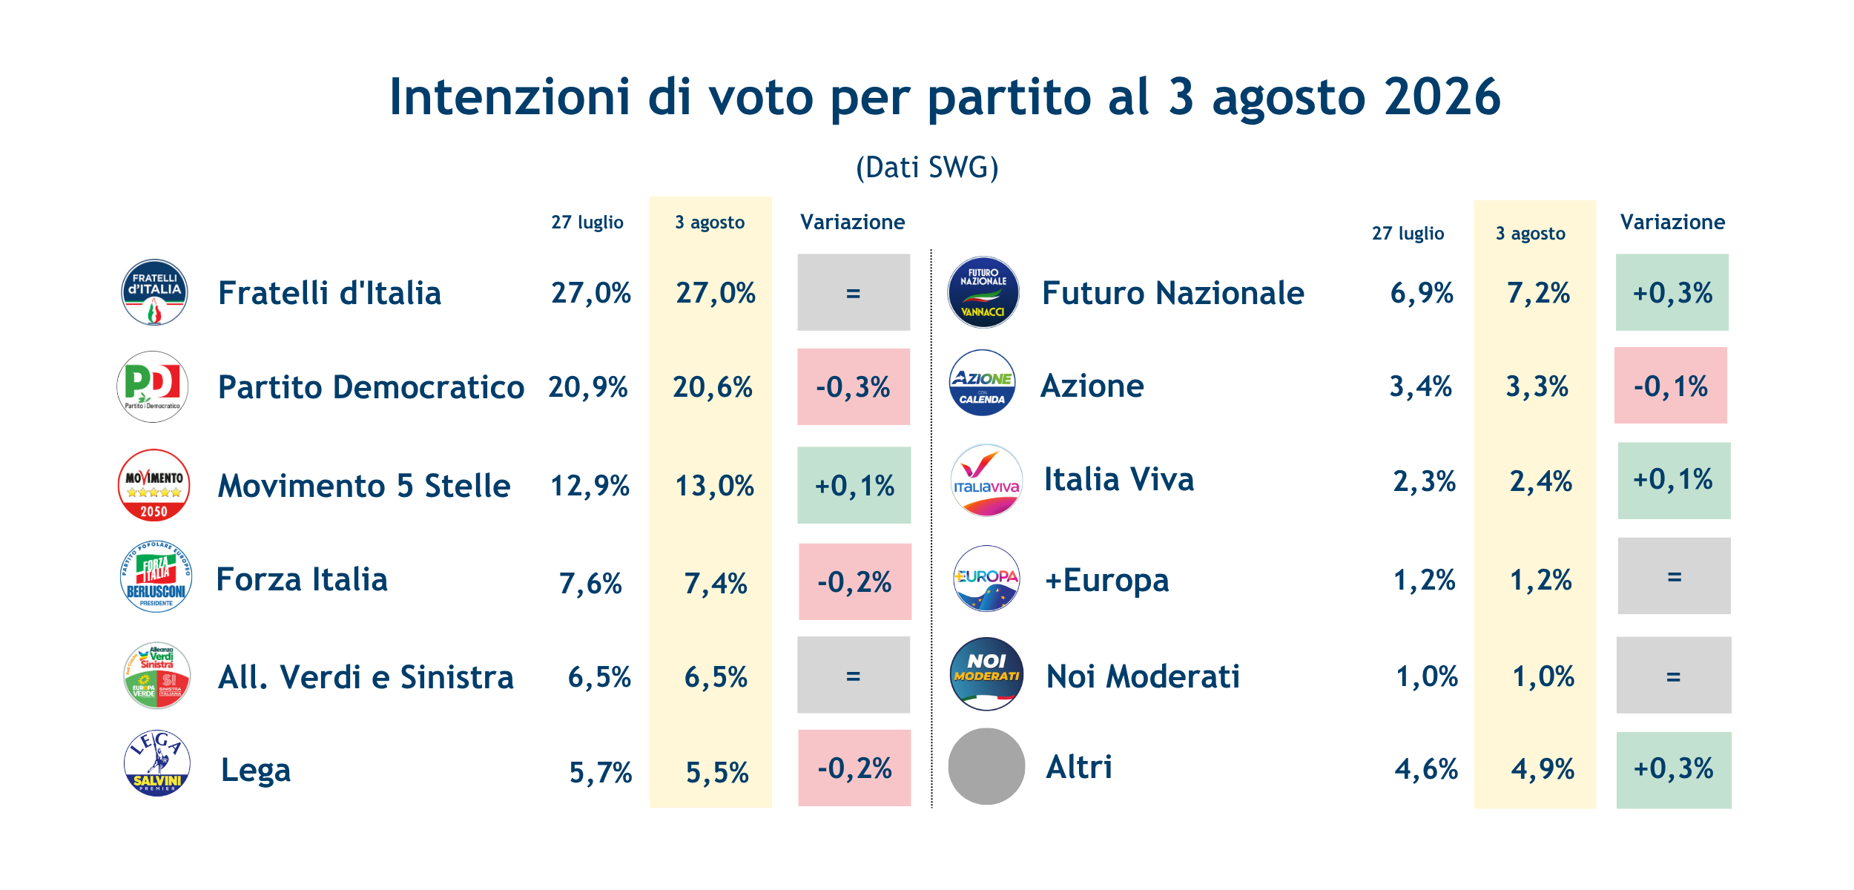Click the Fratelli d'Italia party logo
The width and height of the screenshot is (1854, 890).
[x=154, y=292]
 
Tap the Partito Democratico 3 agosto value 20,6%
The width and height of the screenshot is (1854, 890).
[x=713, y=387]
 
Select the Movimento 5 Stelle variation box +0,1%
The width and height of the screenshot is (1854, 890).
[x=854, y=485]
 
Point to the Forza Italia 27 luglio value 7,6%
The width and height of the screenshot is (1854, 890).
[x=590, y=584]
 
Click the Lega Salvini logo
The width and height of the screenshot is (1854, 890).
[x=156, y=762]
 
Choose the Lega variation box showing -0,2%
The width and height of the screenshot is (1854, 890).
[x=854, y=768]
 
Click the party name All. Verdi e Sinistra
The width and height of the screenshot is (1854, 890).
[x=366, y=677]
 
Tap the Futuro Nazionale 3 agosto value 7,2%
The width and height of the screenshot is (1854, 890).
[x=1538, y=293]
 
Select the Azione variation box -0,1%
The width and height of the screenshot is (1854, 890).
[x=1671, y=385]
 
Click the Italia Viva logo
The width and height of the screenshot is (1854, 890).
[x=986, y=480]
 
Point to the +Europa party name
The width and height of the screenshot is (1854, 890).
[x=1107, y=580]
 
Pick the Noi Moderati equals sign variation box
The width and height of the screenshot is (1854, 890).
[x=1674, y=675]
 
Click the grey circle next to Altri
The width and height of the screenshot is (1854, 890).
[x=986, y=766]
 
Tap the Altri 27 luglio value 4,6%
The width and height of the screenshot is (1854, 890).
[x=1426, y=769]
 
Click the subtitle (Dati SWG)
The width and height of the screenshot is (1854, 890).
[x=927, y=168]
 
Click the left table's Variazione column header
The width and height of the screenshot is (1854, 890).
[x=853, y=222]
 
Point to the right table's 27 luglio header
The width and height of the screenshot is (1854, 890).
[x=1408, y=234]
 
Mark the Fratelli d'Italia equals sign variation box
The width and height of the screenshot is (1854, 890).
[x=854, y=292]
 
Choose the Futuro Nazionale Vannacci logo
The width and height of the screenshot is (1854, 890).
[x=983, y=292]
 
